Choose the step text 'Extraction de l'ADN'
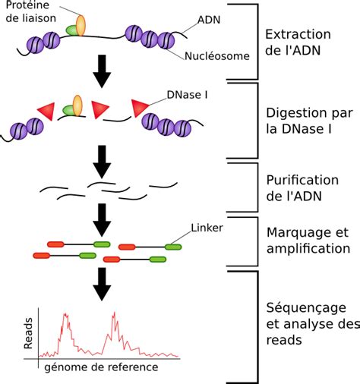[x=299, y=44]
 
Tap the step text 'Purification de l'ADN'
[x=302, y=189]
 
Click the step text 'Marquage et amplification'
[x=308, y=240]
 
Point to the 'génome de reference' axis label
[x=101, y=367]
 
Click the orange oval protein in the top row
[x=80, y=24]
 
